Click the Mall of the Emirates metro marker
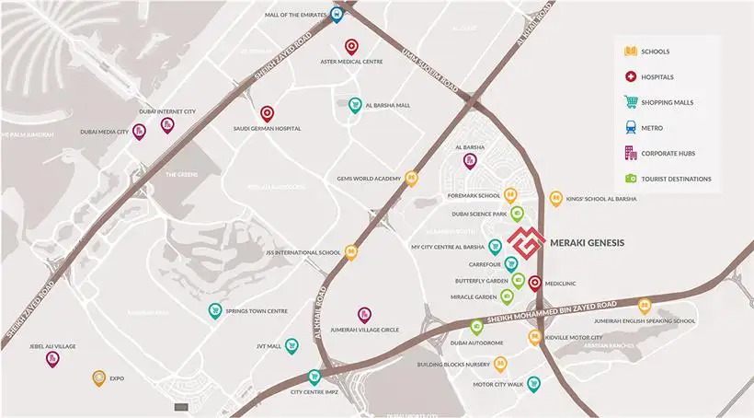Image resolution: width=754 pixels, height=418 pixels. pos(337,15)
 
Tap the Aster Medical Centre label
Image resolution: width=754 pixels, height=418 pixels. pos(350,62)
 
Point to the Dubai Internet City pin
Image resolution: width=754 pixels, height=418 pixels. pos(167,124)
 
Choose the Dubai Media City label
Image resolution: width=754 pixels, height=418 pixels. pos(103,132)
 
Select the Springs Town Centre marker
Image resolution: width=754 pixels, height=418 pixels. pos(215,310)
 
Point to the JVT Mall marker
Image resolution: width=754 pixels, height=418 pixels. pos(292,345)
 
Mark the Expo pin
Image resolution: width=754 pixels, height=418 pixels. pos(98,377)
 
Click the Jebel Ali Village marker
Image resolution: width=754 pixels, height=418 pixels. pos(52,358)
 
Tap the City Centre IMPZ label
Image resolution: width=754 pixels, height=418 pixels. pos(314,392)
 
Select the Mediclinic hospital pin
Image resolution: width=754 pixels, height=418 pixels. pos(535,284)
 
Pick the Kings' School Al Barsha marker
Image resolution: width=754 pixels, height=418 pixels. pos(555,199)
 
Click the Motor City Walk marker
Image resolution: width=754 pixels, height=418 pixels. pos(534,384)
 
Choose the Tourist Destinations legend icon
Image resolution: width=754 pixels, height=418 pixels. pos(631,179)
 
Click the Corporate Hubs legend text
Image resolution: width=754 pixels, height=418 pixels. pos(671,154)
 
